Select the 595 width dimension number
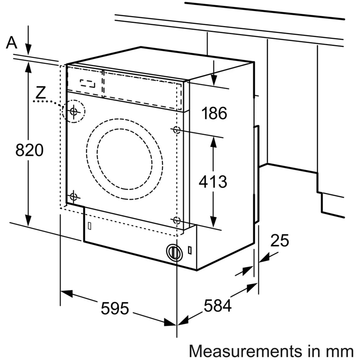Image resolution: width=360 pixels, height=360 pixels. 114,309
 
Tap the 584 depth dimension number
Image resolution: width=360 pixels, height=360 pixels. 217,306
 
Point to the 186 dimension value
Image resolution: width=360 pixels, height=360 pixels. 214,113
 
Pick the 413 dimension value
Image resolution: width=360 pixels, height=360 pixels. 213,182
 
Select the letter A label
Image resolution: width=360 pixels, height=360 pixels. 12,43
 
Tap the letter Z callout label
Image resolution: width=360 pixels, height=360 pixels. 41,93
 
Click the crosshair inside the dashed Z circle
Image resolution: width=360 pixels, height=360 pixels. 74,111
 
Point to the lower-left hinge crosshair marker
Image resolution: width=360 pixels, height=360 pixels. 74,197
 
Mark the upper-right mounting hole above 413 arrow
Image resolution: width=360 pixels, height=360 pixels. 176,130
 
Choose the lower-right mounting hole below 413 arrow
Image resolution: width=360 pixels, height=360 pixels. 176,220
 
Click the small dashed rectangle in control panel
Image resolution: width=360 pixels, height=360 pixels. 89,83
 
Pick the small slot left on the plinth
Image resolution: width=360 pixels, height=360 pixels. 89,226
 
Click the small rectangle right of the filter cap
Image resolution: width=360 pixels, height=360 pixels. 190,249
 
